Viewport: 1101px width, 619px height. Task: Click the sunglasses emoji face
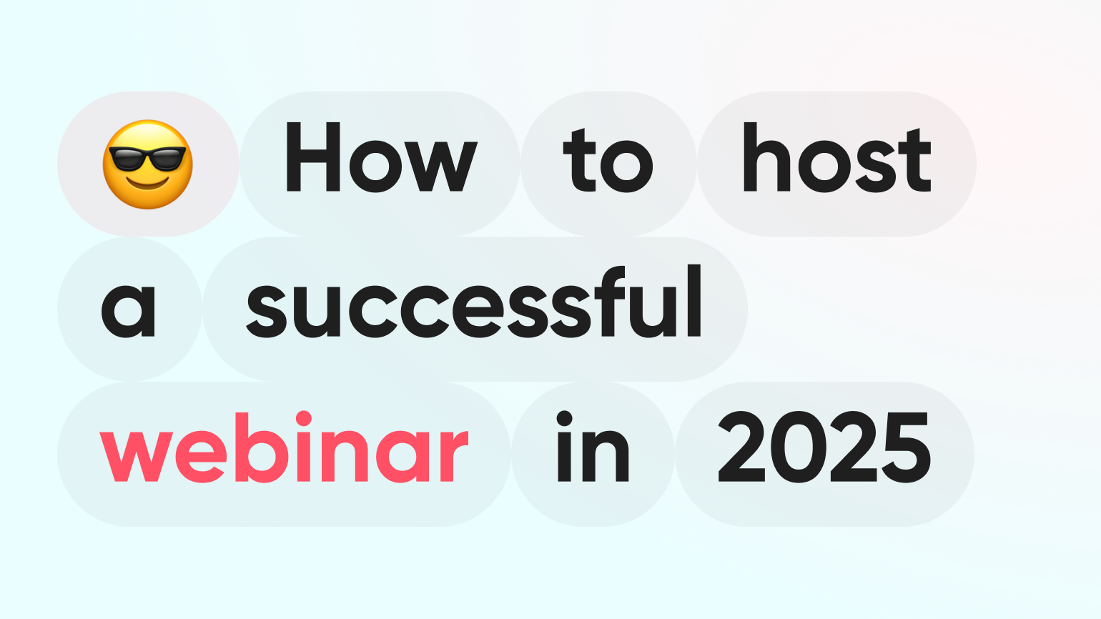click(x=147, y=164)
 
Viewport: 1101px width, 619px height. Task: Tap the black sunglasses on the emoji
click(x=147, y=157)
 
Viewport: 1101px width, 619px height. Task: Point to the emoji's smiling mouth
click(x=147, y=184)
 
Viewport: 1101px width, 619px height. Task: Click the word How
click(x=382, y=157)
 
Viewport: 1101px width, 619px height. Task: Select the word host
click(x=837, y=157)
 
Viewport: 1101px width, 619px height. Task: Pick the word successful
click(x=474, y=301)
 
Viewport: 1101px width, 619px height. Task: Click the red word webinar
click(x=284, y=447)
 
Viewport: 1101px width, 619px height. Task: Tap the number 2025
click(x=824, y=447)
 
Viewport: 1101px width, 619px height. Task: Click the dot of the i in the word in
click(x=564, y=419)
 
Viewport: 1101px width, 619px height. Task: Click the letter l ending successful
click(x=694, y=301)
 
